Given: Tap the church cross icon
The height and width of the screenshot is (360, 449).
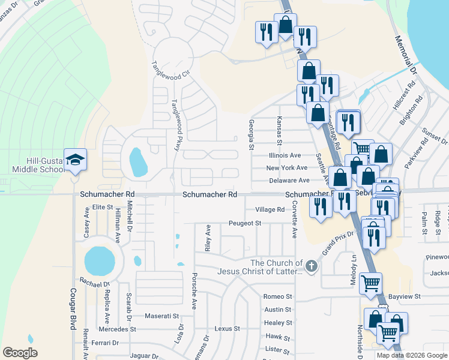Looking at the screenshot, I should pos(311,266).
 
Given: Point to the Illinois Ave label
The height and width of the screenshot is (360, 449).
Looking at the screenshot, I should pos(285,155).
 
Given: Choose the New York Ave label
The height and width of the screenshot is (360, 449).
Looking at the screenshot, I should pos(288,168).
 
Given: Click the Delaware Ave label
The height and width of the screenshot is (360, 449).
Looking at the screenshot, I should pos(288,180).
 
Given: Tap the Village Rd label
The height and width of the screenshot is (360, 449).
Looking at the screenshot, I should pos(270,209).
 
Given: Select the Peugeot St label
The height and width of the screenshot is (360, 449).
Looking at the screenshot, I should pos(245,223).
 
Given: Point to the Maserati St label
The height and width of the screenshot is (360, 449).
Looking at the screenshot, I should pos(163,316).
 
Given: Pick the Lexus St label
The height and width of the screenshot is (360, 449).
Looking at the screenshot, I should pos(227,329).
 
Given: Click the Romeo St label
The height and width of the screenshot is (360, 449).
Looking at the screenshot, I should pos(277,296).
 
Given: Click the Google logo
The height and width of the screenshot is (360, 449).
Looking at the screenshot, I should pos(20,353).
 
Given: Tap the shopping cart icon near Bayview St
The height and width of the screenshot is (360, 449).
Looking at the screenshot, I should pos(371,282).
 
